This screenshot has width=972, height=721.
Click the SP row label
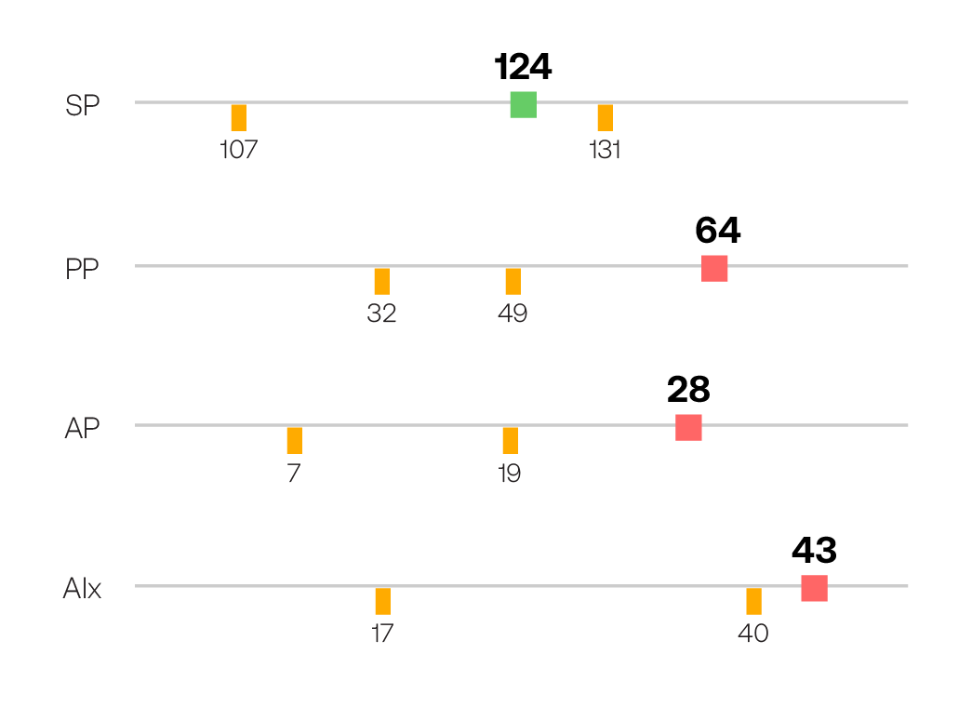click(82, 106)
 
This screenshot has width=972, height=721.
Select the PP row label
click(82, 270)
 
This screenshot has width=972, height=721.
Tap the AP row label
click(82, 429)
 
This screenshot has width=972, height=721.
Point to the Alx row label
click(82, 589)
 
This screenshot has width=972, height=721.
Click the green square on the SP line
click(523, 105)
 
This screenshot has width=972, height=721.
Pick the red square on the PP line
click(714, 268)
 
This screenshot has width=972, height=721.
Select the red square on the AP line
click(688, 428)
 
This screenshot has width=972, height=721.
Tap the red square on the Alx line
click(814, 589)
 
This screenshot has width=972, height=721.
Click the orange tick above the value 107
click(239, 117)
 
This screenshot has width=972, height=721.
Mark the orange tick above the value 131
click(605, 117)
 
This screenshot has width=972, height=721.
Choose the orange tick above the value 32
click(381, 281)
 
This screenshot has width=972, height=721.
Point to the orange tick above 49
click(513, 281)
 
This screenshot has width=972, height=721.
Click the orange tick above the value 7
click(294, 440)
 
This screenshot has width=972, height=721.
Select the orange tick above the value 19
click(510, 440)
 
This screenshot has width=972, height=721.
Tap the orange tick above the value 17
click(382, 601)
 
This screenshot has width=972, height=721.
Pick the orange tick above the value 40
click(753, 601)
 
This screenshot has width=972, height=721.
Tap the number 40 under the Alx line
click(753, 634)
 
